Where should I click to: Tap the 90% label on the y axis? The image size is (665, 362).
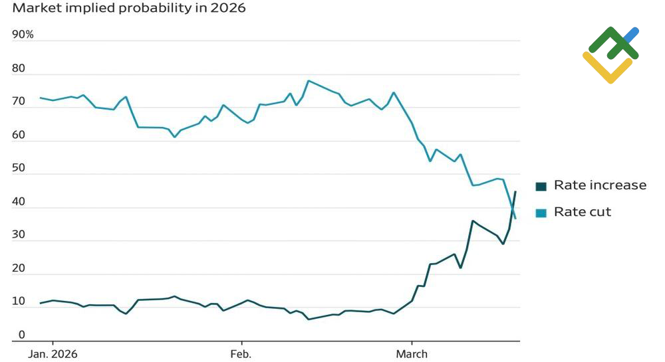pos(23,34)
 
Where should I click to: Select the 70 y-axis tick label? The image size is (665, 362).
pos(19,102)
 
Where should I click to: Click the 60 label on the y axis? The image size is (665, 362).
pos(19,135)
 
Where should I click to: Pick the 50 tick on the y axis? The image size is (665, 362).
pos(19,169)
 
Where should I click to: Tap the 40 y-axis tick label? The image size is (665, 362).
pos(19,202)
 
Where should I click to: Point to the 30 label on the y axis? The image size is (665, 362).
pos(19,235)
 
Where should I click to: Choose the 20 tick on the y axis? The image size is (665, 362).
pos(19,268)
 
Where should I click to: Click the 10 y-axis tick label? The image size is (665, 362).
pos(19,302)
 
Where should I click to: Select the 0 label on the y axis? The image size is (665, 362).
pos(21,335)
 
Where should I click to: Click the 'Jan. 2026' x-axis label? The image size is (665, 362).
pos(53,354)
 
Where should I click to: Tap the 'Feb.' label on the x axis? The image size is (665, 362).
pos(241,354)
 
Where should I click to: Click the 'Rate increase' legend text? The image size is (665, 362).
pos(600,185)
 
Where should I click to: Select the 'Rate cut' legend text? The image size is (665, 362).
pos(583,212)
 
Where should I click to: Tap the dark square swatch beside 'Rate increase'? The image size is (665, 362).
pos(541,186)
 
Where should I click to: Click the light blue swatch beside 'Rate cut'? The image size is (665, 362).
pos(541,213)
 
